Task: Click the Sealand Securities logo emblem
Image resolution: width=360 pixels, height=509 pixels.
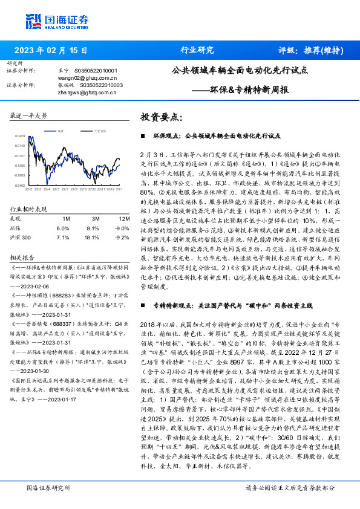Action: click(32, 21)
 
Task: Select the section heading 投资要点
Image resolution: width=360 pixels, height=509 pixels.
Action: click(161, 116)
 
